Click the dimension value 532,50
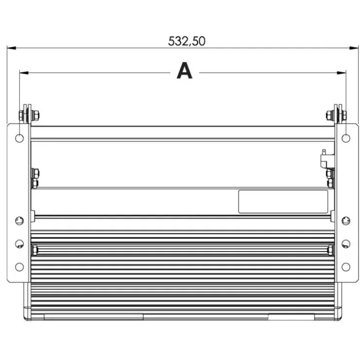[187, 41]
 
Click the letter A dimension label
[184, 71]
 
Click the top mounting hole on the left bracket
[19, 139]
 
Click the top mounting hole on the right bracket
[346, 139]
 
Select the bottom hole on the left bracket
[19, 267]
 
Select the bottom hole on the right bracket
[346, 267]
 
